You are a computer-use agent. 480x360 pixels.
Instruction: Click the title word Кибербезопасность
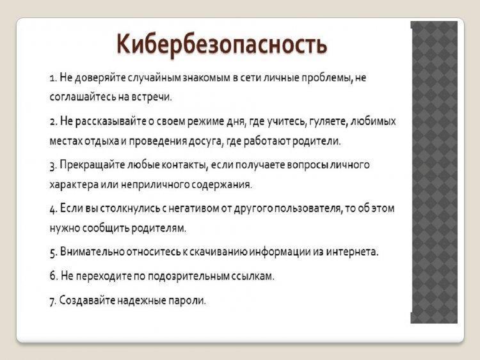tap(222, 45)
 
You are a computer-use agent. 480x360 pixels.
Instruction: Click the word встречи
tap(152, 97)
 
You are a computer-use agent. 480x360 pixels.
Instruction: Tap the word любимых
tap(373, 121)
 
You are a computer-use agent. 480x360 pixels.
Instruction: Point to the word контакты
tap(184, 165)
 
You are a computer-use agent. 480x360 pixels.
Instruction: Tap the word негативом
tap(194, 208)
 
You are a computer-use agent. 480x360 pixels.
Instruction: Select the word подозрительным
tap(189, 276)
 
